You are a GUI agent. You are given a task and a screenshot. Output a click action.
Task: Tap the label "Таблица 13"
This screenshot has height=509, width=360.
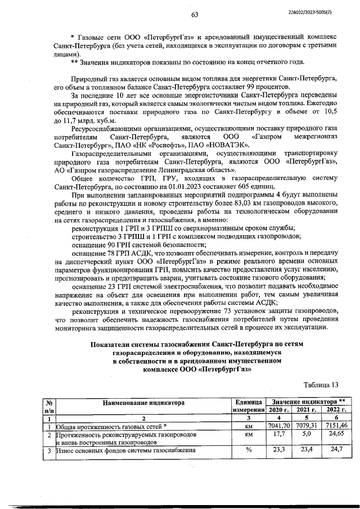coord(321,385)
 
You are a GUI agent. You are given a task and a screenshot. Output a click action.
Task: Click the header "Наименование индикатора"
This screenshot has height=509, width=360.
coord(143,402)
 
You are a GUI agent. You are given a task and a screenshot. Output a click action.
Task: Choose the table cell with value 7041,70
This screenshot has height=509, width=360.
coord(278,426)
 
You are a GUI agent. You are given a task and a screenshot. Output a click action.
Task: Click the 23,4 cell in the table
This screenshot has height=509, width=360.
coord(305,451)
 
